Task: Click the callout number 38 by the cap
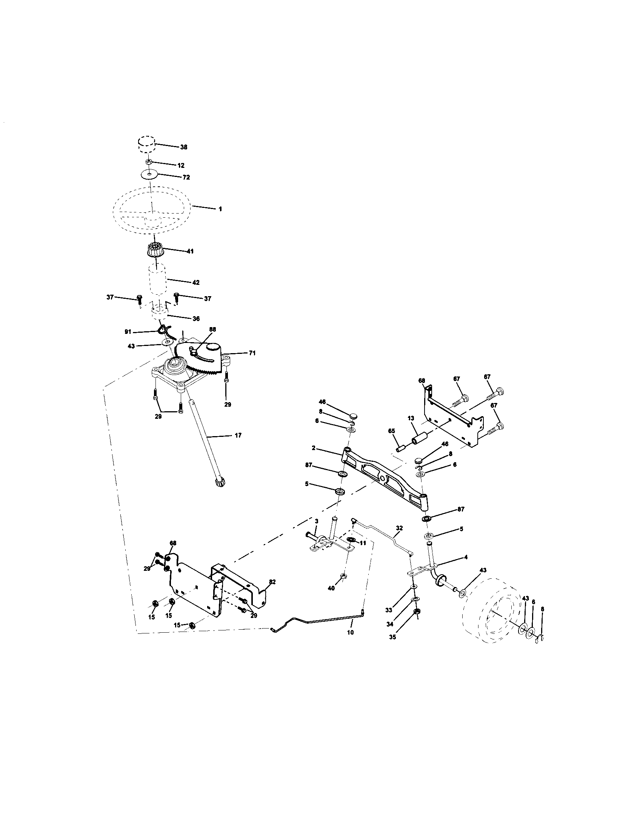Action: pyautogui.click(x=183, y=147)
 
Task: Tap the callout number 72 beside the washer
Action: pyautogui.click(x=186, y=177)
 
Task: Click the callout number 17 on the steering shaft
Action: pyautogui.click(x=238, y=435)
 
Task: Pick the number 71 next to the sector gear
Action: pyautogui.click(x=252, y=353)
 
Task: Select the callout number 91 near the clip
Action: pyautogui.click(x=128, y=332)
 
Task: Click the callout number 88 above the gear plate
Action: pyautogui.click(x=212, y=329)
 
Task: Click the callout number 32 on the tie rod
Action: pyautogui.click(x=399, y=528)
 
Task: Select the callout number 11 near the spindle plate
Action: pyautogui.click(x=363, y=543)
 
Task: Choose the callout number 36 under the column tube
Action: pyautogui.click(x=197, y=319)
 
